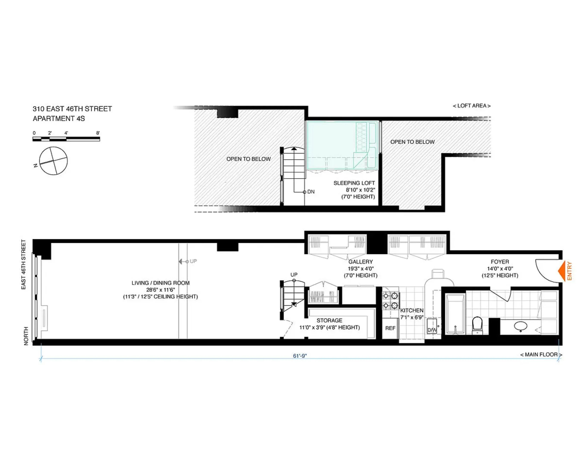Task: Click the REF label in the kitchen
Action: click(x=390, y=328)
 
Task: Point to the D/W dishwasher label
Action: click(x=432, y=330)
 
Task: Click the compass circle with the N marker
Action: click(x=53, y=161)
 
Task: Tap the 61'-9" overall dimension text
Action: click(x=300, y=356)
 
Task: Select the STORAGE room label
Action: click(x=329, y=320)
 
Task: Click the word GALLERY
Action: click(x=360, y=262)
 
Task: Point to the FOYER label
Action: click(x=500, y=262)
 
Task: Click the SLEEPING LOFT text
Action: click(x=354, y=183)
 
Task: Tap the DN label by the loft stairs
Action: click(x=311, y=192)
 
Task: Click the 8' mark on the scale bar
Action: click(x=98, y=133)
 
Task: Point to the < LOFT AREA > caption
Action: click(x=472, y=106)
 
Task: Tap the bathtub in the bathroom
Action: click(x=455, y=314)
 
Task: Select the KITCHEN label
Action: click(x=412, y=310)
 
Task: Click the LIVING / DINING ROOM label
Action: click(x=160, y=283)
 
